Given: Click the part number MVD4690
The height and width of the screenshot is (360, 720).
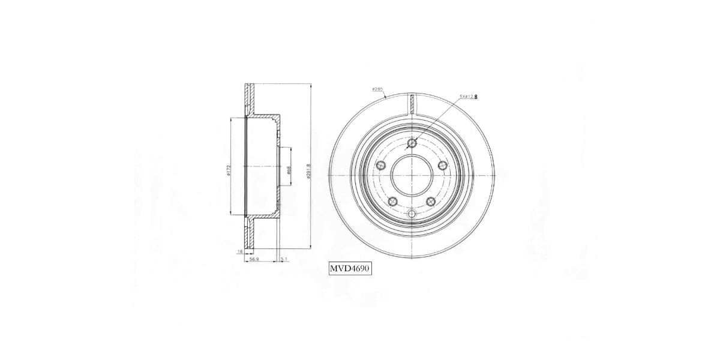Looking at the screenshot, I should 350,268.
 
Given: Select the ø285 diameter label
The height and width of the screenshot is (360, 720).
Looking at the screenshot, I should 377,89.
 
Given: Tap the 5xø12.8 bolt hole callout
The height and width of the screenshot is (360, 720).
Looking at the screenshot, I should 468,96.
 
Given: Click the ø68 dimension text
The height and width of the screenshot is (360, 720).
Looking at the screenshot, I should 289,170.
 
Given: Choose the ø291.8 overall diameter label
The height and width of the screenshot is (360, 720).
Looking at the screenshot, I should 308,170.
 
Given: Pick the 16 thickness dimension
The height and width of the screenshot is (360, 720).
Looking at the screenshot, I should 240,252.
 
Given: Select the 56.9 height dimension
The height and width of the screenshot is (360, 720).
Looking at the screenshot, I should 254,259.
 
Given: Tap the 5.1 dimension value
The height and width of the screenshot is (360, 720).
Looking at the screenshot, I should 284,259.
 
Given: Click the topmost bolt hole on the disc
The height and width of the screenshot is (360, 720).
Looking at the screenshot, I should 412,143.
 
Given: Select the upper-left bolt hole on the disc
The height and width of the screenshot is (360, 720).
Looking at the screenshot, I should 380,166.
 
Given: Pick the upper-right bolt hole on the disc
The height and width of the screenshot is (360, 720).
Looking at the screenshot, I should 443,166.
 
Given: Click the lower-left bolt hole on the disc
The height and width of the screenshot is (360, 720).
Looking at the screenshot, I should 392,202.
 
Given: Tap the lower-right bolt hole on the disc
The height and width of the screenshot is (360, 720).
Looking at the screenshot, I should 431,202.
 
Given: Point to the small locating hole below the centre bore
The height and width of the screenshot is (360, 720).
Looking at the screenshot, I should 412,215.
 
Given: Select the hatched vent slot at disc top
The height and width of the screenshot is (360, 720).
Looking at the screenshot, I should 412,103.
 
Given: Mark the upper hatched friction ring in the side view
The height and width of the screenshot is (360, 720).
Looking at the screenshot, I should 248,99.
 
